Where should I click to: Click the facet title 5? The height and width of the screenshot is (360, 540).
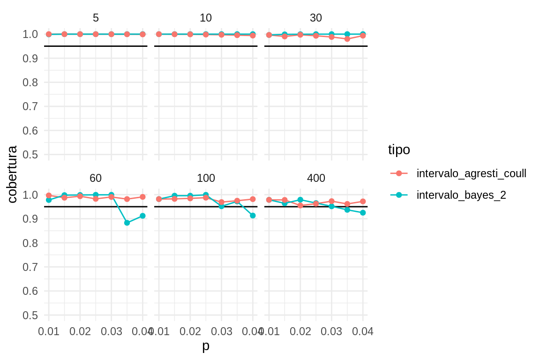coord(96,18)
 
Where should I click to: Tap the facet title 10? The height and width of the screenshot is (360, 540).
coord(206,18)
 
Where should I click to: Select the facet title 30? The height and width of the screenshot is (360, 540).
coord(316,18)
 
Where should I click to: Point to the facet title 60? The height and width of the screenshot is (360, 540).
coord(96,178)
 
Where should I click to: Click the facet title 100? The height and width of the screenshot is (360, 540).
coord(206,178)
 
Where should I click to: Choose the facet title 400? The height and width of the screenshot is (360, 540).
coord(316,178)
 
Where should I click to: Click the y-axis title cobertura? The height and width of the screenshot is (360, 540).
coord(13,174)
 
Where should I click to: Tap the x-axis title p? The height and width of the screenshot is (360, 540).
coord(206,347)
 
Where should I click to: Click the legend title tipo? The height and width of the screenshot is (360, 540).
coord(399,150)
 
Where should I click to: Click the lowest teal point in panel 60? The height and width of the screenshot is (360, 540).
coord(127,223)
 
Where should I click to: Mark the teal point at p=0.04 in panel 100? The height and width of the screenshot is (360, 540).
coord(253,216)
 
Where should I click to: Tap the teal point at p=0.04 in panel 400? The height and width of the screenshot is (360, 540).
coord(363,213)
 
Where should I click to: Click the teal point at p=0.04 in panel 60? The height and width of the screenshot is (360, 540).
coord(142,216)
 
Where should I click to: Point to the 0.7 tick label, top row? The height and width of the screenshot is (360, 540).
coord(30,106)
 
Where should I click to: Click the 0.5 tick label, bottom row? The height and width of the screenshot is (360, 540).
coord(30,315)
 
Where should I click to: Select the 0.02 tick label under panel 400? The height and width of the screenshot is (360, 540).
coord(300,331)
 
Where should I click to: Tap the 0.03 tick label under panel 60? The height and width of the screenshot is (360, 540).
coord(112,331)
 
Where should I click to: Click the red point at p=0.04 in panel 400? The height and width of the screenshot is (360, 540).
coord(363,202)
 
